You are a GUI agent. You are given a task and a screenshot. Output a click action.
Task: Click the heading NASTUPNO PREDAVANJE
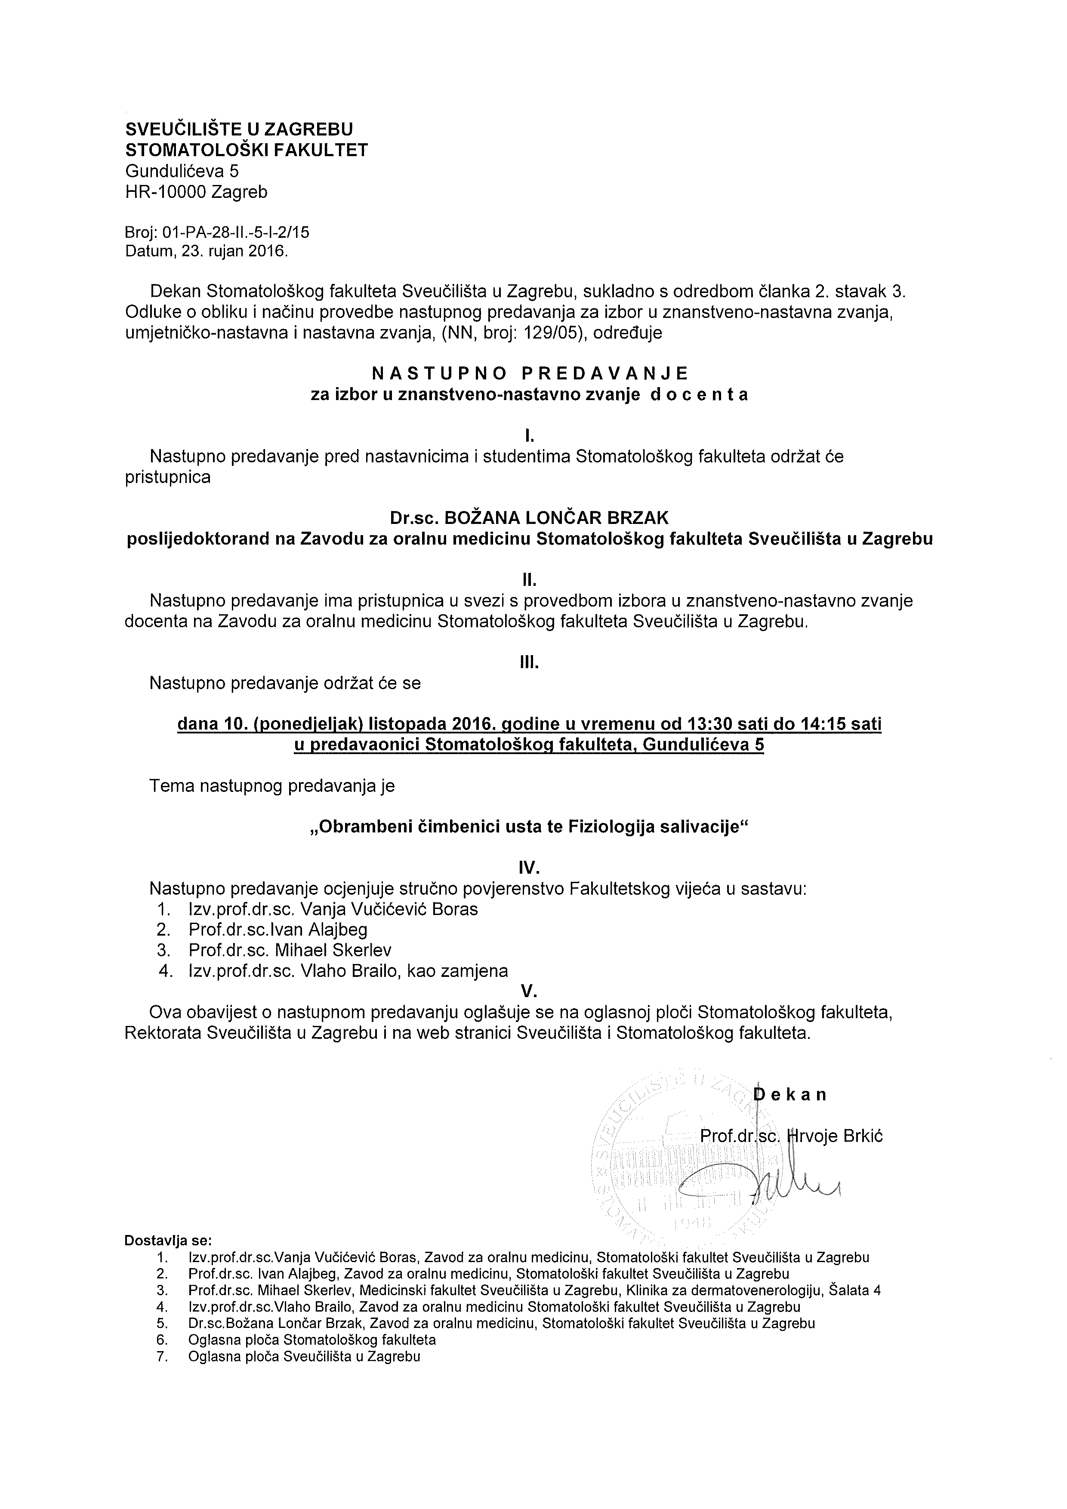pos(530,373)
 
